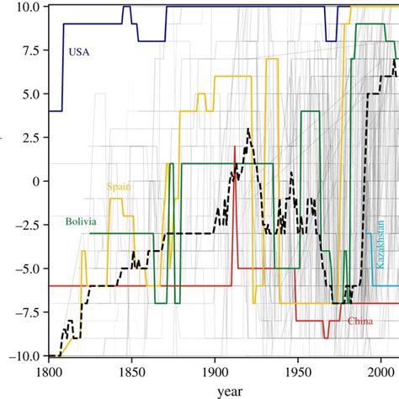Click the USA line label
click(78, 52)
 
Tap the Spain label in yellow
click(118, 187)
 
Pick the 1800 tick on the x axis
click(49, 370)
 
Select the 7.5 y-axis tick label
click(30, 51)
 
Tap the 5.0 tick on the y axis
click(30, 94)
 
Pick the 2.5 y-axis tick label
click(30, 137)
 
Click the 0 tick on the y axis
click(35, 181)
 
